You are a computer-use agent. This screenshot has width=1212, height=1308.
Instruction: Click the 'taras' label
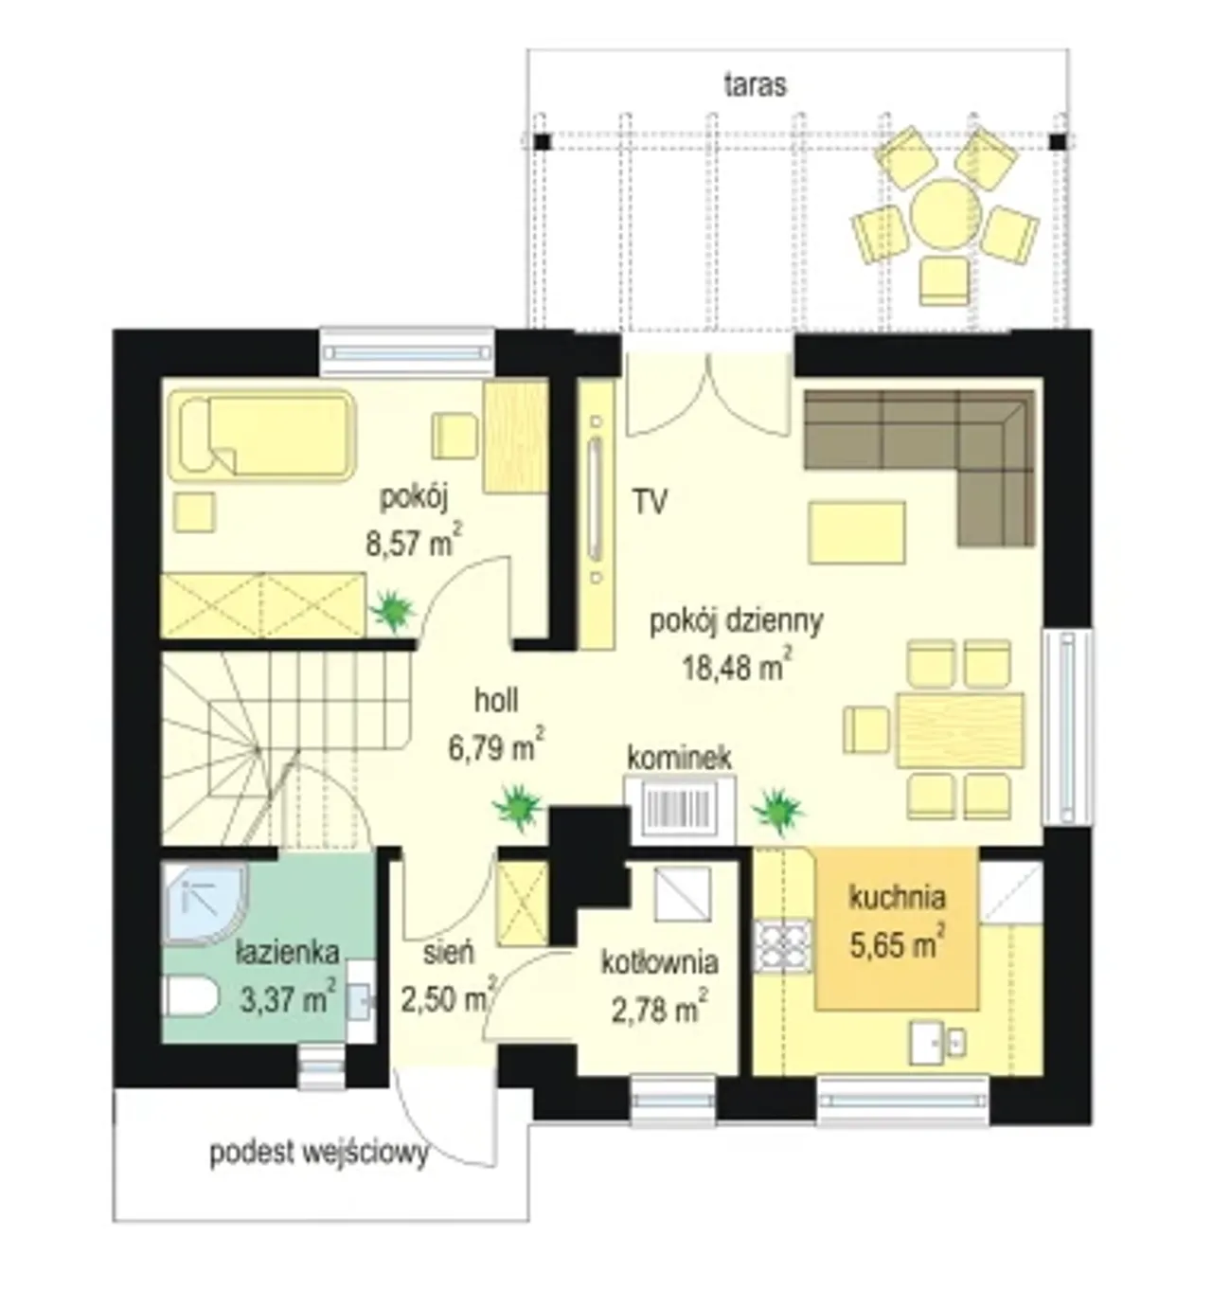pyautogui.click(x=755, y=85)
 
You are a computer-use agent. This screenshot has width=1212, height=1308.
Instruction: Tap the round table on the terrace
pyautogui.click(x=942, y=212)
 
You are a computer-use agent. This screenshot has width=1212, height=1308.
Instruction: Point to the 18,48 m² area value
pyautogui.click(x=737, y=667)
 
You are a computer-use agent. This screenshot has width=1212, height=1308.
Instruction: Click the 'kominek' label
pyautogui.click(x=679, y=758)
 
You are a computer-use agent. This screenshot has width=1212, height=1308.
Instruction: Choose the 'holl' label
pyautogui.click(x=496, y=701)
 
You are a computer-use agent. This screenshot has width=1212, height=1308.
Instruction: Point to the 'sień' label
pyautogui.click(x=448, y=953)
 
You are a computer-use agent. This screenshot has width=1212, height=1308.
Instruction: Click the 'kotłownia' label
pyautogui.click(x=659, y=963)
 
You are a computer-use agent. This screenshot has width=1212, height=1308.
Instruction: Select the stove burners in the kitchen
pyautogui.click(x=783, y=947)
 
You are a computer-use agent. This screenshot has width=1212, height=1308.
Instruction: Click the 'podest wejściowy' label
pyautogui.click(x=319, y=1154)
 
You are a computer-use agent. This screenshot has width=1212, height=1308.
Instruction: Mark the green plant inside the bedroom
pyautogui.click(x=393, y=611)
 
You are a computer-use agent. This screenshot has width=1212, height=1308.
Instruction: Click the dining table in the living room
pyautogui.click(x=961, y=730)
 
